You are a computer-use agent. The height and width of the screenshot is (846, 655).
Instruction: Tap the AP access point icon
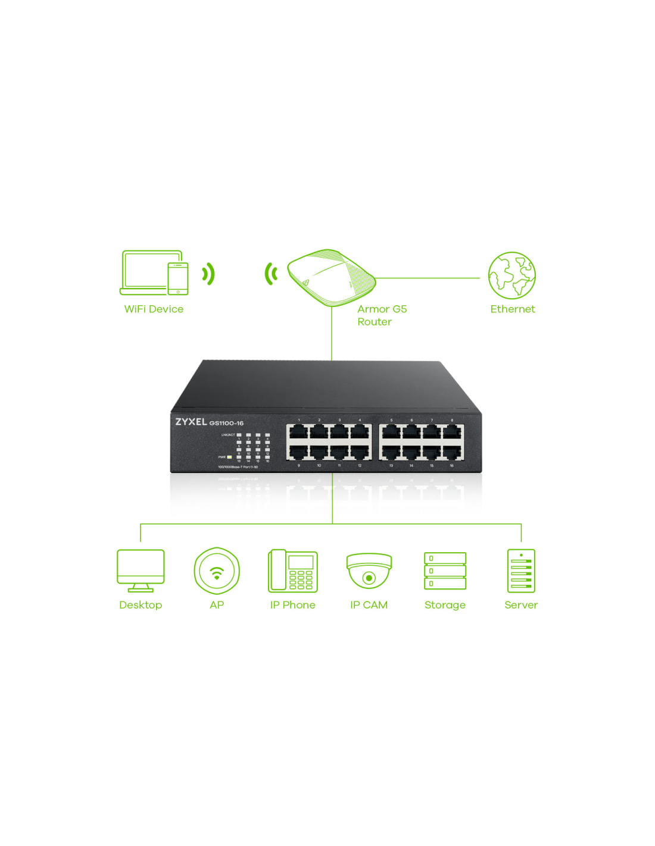217,571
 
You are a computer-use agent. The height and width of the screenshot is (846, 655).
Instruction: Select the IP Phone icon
292,571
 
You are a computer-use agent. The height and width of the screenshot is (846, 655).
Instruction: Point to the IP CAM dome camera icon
369,571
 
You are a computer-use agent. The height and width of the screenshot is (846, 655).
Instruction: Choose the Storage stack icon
445,571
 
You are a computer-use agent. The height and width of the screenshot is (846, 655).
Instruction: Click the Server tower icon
521,571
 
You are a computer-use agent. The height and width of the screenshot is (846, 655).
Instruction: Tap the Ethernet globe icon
512,275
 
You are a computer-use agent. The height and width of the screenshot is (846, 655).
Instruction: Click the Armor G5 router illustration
331,277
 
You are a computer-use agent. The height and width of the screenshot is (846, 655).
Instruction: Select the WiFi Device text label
154,309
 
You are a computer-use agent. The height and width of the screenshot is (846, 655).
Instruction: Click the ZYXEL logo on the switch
191,422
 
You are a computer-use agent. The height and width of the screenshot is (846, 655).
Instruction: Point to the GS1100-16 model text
226,423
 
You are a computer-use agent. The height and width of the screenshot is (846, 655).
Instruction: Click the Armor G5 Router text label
381,315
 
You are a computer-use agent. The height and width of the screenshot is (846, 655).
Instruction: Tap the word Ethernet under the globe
512,309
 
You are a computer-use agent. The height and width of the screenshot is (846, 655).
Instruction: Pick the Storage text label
445,605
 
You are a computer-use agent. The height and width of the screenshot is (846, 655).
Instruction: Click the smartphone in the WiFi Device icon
177,278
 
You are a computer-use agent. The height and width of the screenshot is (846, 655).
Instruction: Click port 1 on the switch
298,431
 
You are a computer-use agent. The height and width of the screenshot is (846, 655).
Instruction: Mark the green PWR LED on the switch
229,457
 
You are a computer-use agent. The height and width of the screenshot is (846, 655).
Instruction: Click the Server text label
521,605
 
